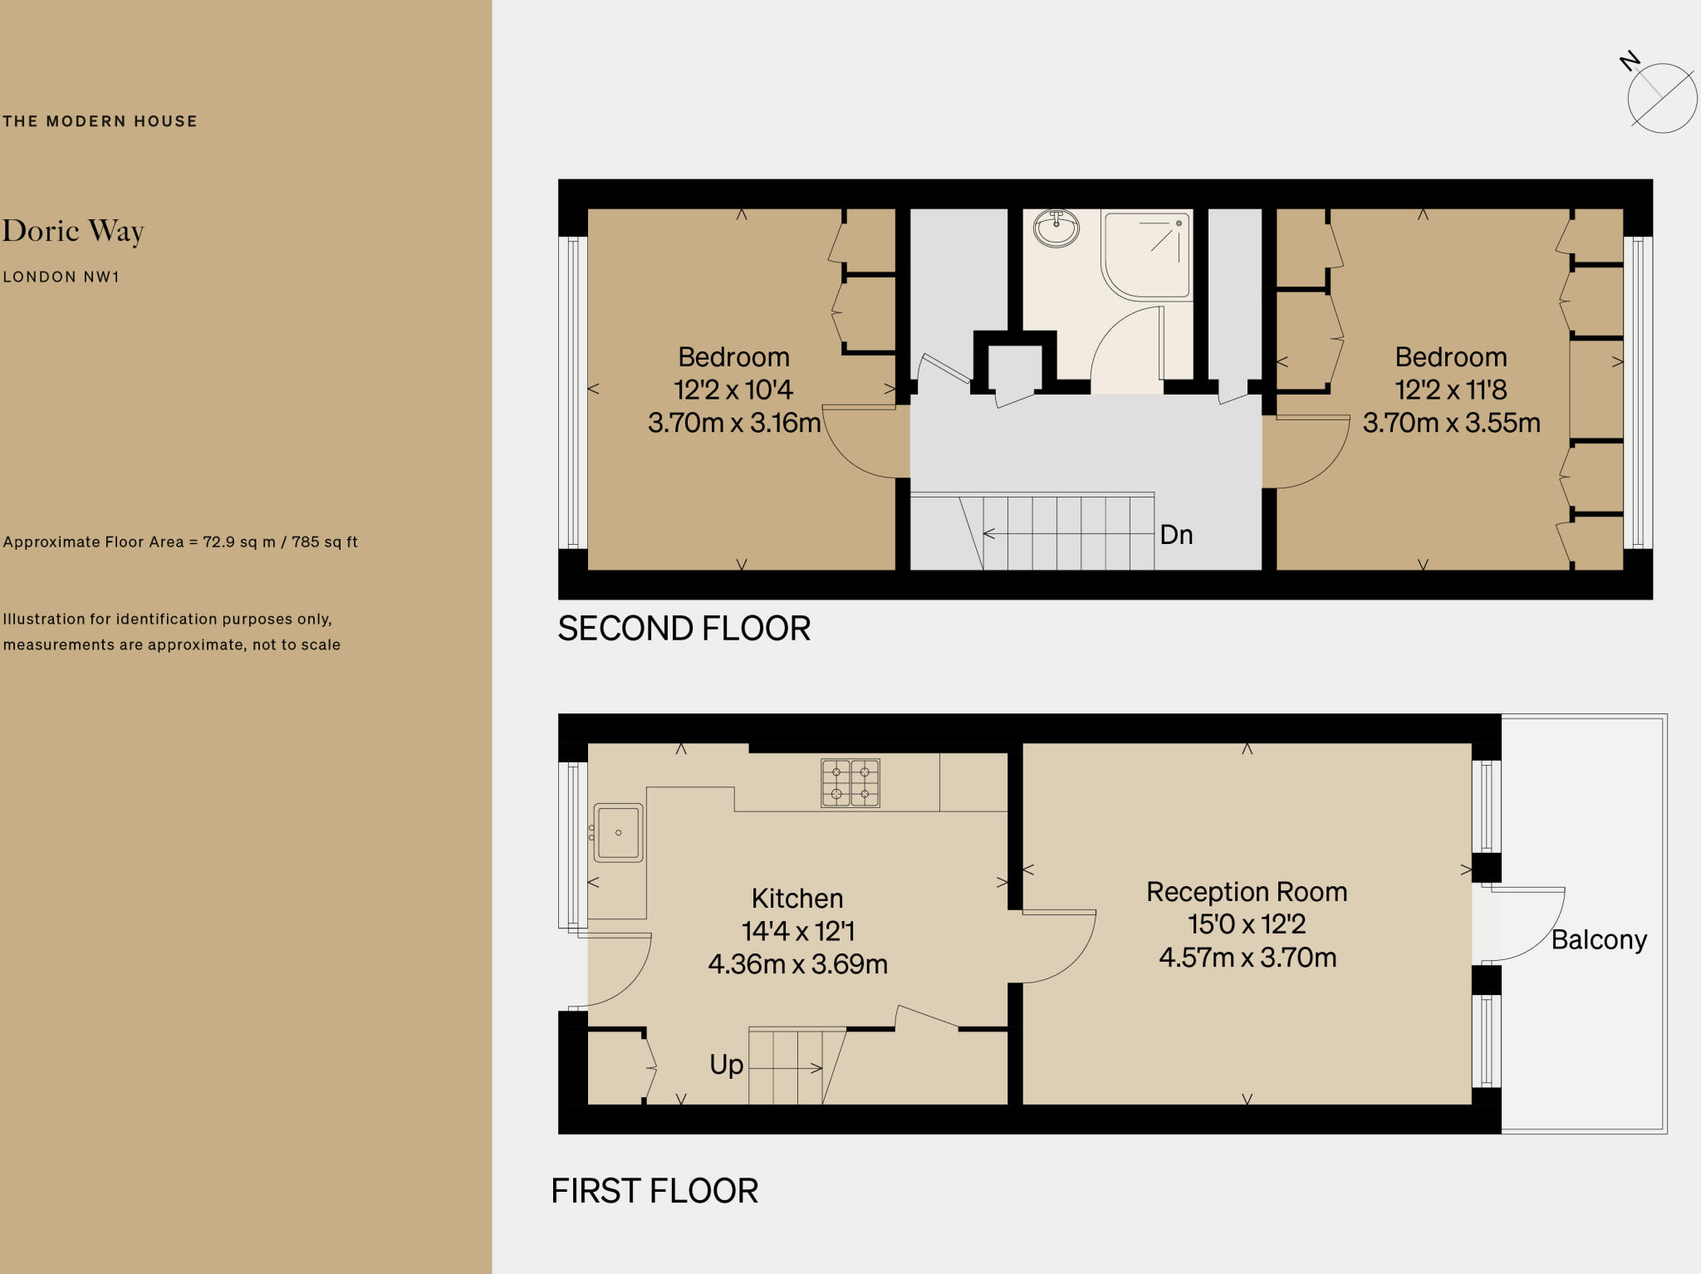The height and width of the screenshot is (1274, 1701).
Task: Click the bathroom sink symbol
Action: pos(1056,228)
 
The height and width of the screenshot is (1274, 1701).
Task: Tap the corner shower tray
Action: pos(1146,253)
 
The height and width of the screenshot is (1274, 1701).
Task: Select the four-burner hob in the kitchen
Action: pos(850,782)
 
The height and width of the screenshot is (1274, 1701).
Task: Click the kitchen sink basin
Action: pos(618,832)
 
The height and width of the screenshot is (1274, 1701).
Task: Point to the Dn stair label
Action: pos(1176,535)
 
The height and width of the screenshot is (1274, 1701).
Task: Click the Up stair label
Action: pos(726,1065)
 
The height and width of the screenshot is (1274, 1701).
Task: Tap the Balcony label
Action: pos(1599,940)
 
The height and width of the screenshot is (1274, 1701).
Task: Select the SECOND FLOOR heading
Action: pos(684,629)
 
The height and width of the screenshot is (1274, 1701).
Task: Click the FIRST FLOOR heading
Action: pos(654,1191)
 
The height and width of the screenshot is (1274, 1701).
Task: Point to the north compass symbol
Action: pos(1661,96)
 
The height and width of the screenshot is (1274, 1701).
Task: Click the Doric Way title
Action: pos(73,231)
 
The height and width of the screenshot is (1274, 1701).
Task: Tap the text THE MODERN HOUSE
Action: pos(100,121)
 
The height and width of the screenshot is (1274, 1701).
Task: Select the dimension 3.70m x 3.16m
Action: pos(733,423)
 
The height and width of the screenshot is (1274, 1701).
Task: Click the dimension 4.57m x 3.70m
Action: pos(1248,958)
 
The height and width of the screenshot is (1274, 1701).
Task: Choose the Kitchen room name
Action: pos(797,899)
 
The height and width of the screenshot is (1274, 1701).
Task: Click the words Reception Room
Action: pos(1247,892)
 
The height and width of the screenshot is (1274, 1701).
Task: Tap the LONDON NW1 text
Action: pos(61,277)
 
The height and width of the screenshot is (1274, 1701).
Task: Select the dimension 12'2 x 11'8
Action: pos(1451,390)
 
